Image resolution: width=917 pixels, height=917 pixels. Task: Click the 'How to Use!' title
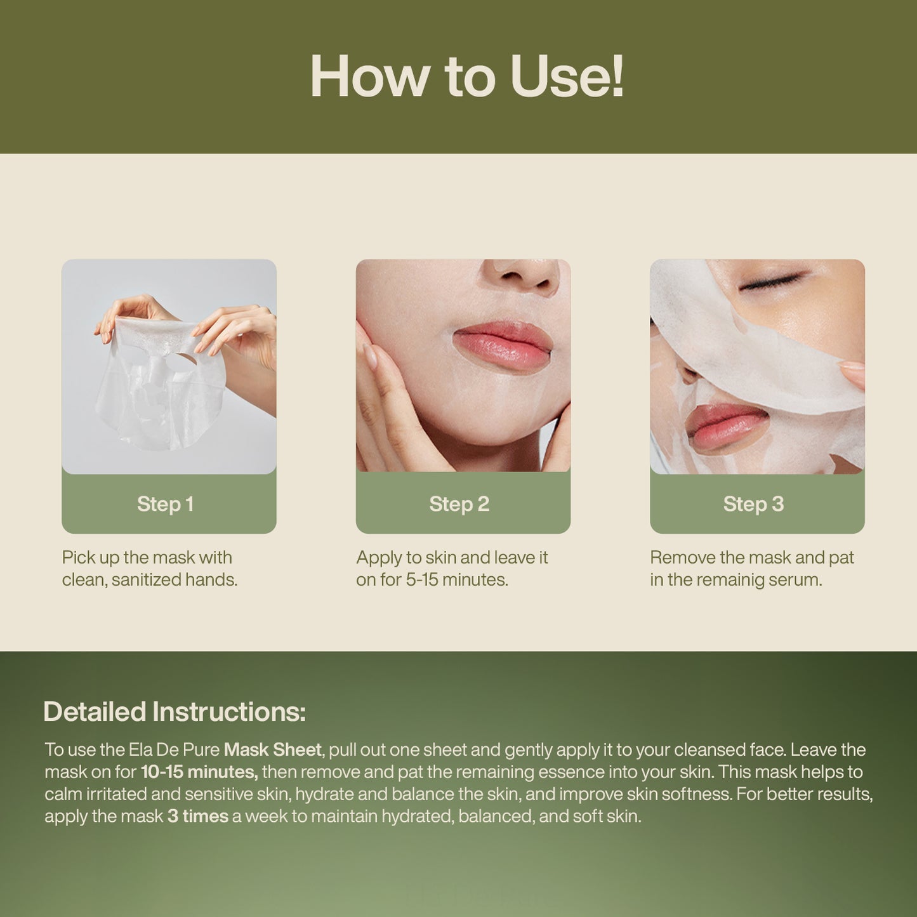[x=467, y=77]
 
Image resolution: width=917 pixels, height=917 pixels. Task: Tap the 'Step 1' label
[x=165, y=504]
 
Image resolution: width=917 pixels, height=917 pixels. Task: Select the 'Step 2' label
[x=459, y=504]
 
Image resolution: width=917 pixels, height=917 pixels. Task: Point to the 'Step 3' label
[x=753, y=504]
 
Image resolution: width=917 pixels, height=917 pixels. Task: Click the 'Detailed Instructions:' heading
[x=175, y=711]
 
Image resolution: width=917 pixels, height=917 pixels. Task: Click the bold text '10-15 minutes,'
[x=199, y=772]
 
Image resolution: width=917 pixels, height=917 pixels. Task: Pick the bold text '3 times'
[x=197, y=816]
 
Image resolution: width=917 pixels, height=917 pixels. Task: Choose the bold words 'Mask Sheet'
[x=272, y=749]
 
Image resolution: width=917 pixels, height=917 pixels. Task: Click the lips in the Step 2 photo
[x=503, y=346]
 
